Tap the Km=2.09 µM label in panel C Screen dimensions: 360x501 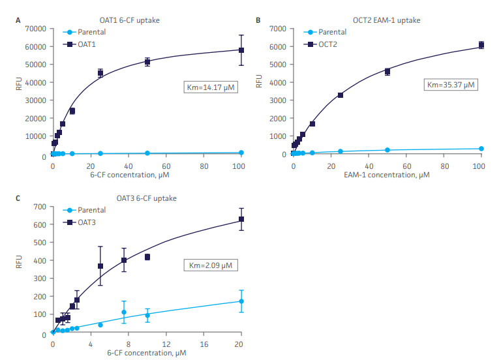pos(207,266)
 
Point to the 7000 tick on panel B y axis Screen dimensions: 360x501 pos(279,29)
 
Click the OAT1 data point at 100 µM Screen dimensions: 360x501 pos(241,50)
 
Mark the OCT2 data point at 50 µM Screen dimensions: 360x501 pos(387,71)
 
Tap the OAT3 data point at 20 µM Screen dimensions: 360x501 pos(241,219)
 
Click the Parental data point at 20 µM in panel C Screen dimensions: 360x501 pos(241,301)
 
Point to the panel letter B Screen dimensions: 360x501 pos(258,20)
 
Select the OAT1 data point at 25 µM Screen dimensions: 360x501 pos(100,72)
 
